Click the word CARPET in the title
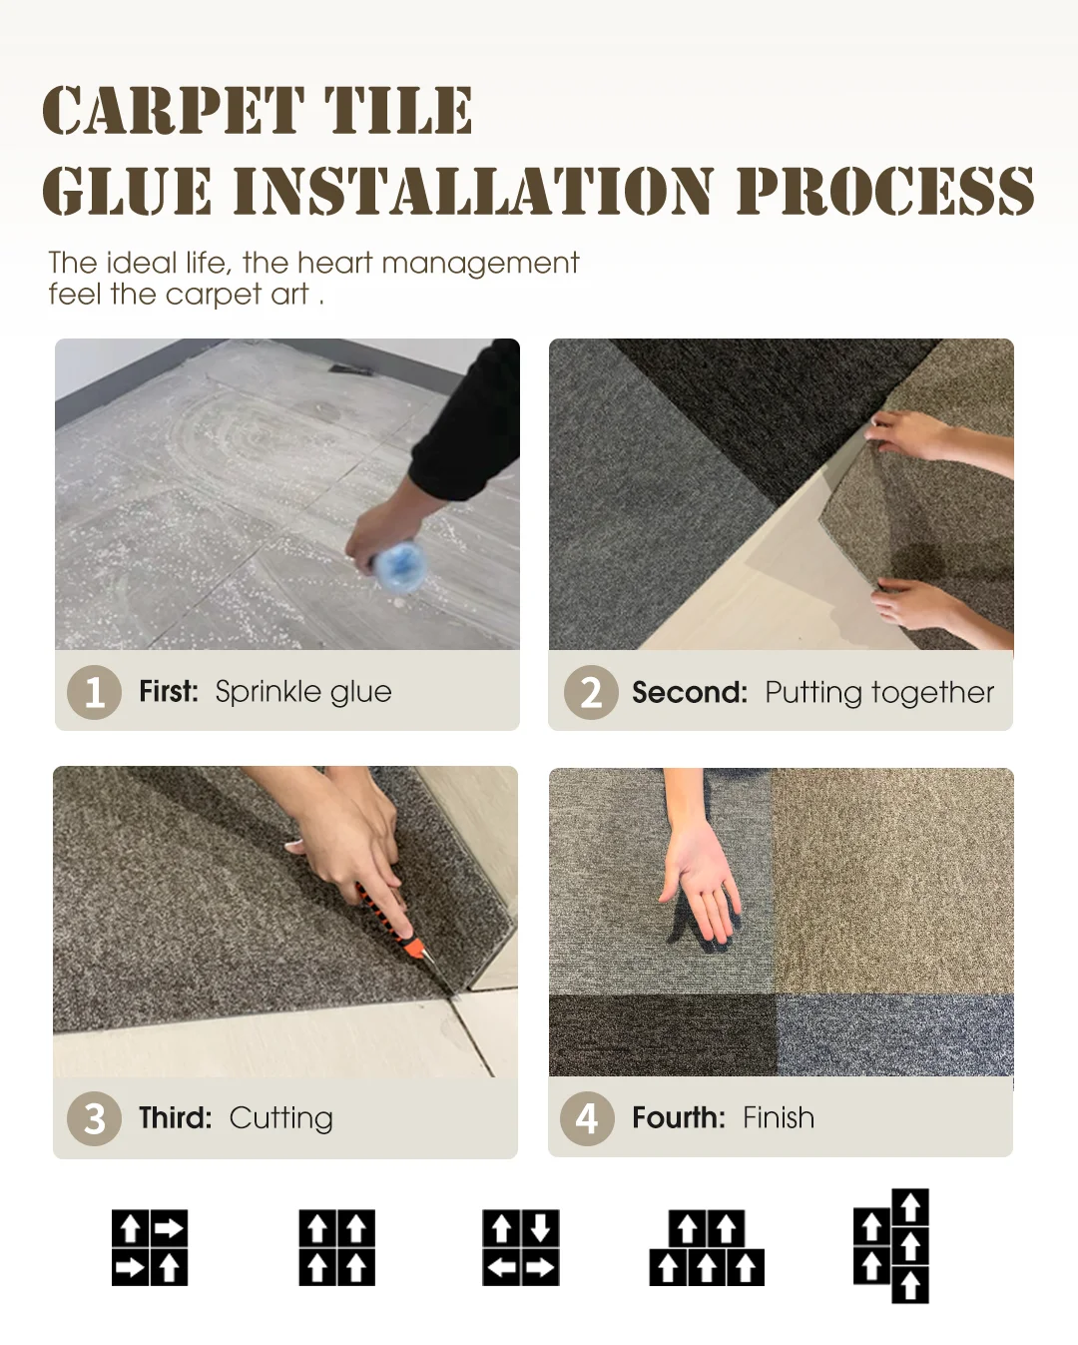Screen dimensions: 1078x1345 pyautogui.click(x=173, y=111)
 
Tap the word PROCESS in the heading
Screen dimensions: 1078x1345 pyautogui.click(x=885, y=191)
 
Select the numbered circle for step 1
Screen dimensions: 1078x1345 pyautogui.click(x=95, y=692)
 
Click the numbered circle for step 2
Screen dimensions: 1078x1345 pyautogui.click(x=591, y=692)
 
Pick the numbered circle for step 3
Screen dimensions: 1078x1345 pyautogui.click(x=95, y=1118)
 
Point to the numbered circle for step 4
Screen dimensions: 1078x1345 pyautogui.click(x=588, y=1118)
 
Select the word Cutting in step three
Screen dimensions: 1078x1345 pyautogui.click(x=281, y=1118)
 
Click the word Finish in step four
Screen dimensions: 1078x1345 pyautogui.click(x=779, y=1117)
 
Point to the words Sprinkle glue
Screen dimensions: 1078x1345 pyautogui.click(x=303, y=693)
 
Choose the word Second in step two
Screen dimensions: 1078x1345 pyautogui.click(x=690, y=693)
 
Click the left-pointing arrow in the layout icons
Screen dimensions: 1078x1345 pyautogui.click(x=501, y=1267)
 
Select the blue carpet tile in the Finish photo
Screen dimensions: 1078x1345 pyautogui.click(x=895, y=1035)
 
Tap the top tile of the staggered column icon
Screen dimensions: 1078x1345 pyautogui.click(x=910, y=1207)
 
